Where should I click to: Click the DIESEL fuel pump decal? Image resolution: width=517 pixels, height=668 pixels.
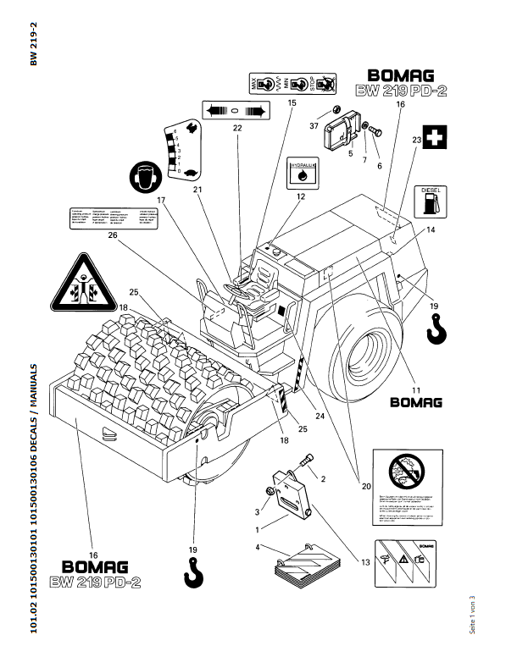coord(429,200)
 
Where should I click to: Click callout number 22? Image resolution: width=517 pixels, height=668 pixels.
coord(237,128)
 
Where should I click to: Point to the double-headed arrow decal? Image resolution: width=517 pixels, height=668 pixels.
coord(236,110)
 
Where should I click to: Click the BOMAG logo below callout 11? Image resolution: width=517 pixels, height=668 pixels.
coord(416,402)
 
